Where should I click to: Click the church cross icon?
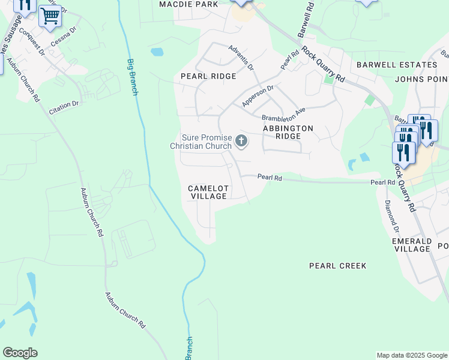coord(241,142)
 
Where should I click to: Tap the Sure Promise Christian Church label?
coord(200,142)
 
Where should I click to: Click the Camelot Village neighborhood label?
coord(208,192)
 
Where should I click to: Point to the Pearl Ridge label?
coord(208,76)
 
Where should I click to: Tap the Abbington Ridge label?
coord(288,132)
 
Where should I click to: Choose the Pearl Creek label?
coord(337,265)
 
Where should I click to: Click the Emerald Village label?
coord(412,245)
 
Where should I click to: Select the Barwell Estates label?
coord(396,65)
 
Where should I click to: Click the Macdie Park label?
coord(188,4)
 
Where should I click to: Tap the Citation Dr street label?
coord(64,104)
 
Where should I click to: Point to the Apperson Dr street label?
coord(258,97)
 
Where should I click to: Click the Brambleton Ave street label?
coord(283,113)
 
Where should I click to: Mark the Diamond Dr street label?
coord(391,216)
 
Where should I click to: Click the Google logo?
coord(20,353)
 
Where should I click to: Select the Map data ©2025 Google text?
coord(411,355)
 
